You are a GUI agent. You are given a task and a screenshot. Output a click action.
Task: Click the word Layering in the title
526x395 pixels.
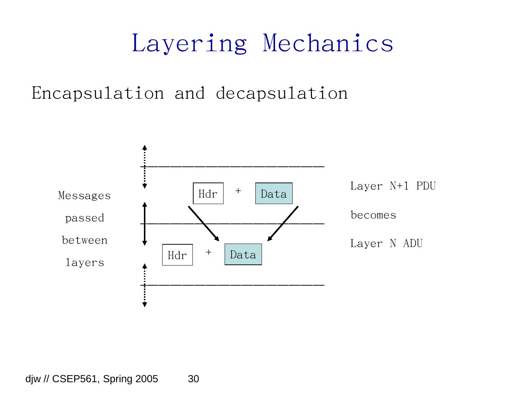pos(189,44)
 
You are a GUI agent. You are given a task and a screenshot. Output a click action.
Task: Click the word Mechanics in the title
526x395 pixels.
pos(328,43)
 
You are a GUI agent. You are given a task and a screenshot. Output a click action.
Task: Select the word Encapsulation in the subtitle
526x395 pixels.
pos(98,93)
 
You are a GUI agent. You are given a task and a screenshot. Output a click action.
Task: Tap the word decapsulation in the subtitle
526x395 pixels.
pos(282,93)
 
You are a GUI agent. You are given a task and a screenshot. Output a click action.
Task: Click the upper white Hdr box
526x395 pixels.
pos(208,193)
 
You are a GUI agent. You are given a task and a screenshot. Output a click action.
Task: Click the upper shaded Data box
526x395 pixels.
pos(274,193)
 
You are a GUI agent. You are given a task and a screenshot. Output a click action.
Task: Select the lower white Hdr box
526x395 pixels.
pos(177,255)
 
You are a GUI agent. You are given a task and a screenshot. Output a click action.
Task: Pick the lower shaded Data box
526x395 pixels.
pos(243,255)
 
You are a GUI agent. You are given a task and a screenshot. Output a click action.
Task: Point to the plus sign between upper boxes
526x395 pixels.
pos(238,191)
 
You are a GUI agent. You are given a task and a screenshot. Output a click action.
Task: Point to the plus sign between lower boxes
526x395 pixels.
pos(208,252)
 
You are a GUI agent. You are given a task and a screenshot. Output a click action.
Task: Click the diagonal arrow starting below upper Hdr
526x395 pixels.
pos(203,224)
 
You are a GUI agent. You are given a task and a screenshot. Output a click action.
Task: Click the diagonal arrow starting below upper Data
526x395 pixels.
pos(283,223)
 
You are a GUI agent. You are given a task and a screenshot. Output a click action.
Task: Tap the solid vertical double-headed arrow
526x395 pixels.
pos(145,224)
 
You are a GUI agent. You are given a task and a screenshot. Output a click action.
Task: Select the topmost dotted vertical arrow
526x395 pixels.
pos(145,167)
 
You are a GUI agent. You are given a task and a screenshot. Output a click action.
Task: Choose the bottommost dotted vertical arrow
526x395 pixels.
pos(145,285)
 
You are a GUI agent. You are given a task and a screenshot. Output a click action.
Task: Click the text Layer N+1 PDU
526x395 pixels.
pos(393,186)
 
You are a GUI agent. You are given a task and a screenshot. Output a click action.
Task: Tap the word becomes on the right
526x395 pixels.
pos(373,215)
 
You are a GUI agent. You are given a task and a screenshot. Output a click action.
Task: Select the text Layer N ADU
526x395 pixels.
pos(386,244)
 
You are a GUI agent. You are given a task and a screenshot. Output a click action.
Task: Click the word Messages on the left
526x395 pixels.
pos(84,196)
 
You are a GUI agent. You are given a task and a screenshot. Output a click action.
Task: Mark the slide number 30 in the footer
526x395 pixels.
pos(193,379)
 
